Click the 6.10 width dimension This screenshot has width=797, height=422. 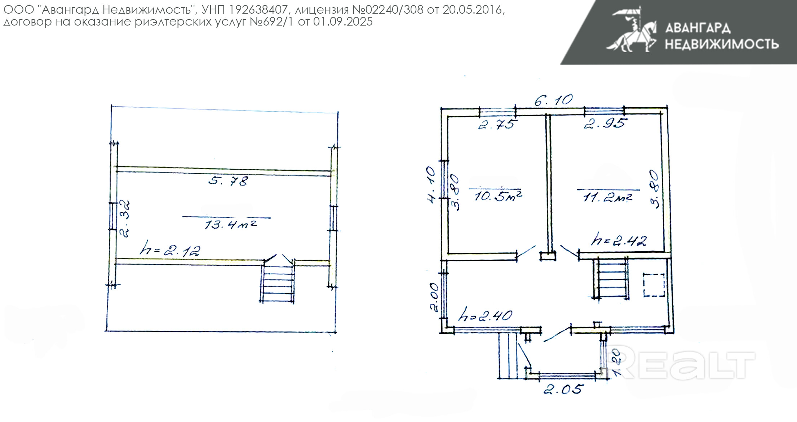coord(553,100)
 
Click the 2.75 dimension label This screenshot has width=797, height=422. coord(498,124)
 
